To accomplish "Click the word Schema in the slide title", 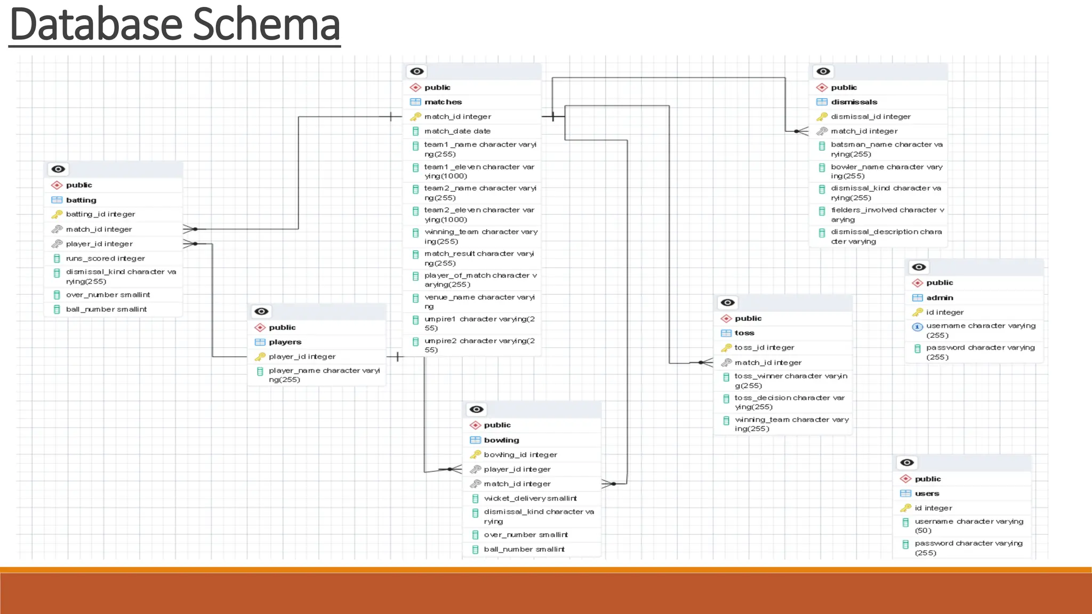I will [266, 25].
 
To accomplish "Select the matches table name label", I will [443, 102].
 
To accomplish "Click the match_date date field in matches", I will [457, 131].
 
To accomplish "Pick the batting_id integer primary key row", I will [100, 214].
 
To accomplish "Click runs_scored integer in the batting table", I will [105, 258].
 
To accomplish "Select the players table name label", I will [285, 342].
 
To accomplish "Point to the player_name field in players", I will [324, 375].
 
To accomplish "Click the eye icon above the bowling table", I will [476, 409].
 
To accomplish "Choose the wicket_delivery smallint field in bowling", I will [530, 498].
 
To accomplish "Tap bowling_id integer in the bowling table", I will [520, 455].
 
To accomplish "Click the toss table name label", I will [744, 333].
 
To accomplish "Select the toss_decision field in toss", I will [789, 402].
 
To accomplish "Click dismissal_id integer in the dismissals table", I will [870, 117].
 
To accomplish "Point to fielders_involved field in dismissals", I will [887, 215].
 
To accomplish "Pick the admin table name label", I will [939, 298].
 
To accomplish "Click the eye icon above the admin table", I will [919, 267].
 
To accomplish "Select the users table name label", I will [927, 494].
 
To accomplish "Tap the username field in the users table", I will [968, 526].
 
